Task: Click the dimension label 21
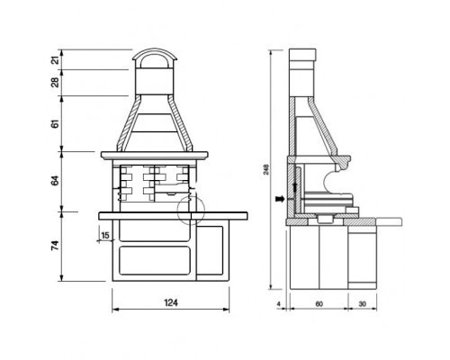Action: [55, 60]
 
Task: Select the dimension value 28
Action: [55, 83]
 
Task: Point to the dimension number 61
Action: [55, 123]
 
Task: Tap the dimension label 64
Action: [55, 181]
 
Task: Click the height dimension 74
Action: [55, 246]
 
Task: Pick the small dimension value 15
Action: [105, 236]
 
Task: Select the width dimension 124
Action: [171, 302]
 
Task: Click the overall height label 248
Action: [266, 169]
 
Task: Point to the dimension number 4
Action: [279, 304]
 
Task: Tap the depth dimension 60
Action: [319, 304]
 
